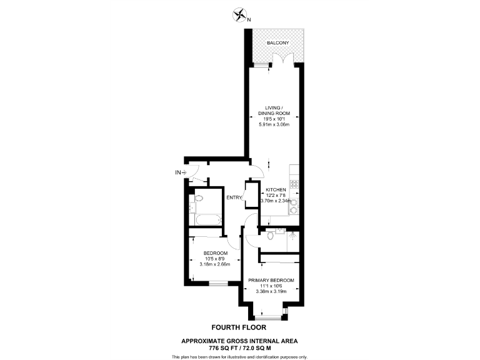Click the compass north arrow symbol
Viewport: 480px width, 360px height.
[240, 14]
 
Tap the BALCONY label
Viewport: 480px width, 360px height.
[276, 43]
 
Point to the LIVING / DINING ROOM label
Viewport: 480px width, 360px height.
[272, 111]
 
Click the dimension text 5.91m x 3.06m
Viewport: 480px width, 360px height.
[272, 124]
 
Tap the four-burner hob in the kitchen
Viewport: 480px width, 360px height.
[294, 184]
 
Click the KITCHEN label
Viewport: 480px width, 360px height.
[276, 189]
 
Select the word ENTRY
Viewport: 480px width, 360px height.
[234, 198]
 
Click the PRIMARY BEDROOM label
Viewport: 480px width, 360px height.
[271, 280]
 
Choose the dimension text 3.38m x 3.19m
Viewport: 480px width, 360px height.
[271, 291]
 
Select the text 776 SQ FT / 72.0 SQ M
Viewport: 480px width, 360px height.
[239, 347]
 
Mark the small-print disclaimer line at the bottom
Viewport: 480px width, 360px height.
[239, 356]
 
